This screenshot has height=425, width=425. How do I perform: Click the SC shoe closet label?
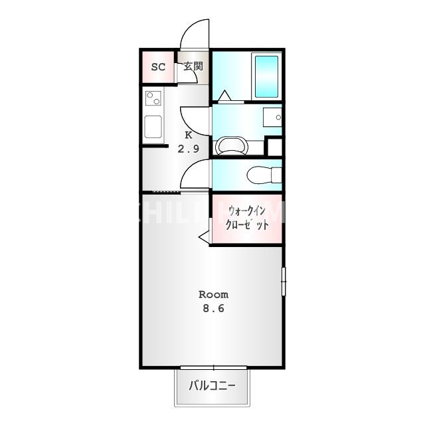point(158,67)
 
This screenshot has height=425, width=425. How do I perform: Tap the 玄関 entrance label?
point(193,66)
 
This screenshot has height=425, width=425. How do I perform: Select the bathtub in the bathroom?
point(266,76)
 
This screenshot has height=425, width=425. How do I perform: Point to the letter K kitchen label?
point(189,135)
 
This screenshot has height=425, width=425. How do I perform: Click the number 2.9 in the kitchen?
point(188,149)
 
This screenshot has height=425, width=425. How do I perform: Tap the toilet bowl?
point(263,175)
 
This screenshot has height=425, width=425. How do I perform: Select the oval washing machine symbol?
point(230,145)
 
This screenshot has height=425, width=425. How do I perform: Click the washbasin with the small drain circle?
point(272,118)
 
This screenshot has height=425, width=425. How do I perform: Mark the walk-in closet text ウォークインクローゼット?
point(248,218)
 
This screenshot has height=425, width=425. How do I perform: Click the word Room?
point(214,294)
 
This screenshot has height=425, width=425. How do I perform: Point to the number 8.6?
point(214,309)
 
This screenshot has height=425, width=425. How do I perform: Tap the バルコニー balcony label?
point(212,386)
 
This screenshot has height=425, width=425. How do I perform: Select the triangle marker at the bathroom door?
point(224,96)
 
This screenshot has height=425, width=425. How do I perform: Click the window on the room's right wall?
point(283,282)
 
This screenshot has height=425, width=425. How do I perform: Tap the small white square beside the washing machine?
point(274,147)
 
